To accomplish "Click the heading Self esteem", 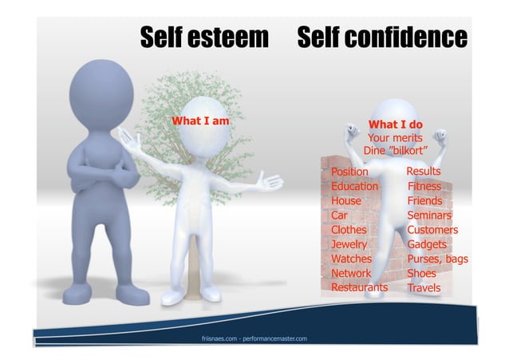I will click(204, 37).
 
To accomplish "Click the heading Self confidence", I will click(382, 37).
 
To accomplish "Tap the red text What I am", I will click(201, 121).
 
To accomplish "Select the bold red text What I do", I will click(395, 124).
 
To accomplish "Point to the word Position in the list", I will click(349, 172).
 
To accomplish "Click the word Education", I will click(354, 186).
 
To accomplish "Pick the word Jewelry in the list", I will click(349, 244).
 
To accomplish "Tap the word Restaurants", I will click(359, 287).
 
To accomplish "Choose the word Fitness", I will click(424, 186).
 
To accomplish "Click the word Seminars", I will click(429, 216).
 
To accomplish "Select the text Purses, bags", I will click(437, 259).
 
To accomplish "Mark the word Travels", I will click(424, 288).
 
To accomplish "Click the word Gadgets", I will click(427, 244).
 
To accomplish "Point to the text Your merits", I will click(395, 137).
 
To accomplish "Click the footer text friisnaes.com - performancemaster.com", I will click(254, 339).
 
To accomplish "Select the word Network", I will click(351, 273).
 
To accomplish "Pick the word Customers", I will click(432, 230).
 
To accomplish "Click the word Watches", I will click(351, 259).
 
